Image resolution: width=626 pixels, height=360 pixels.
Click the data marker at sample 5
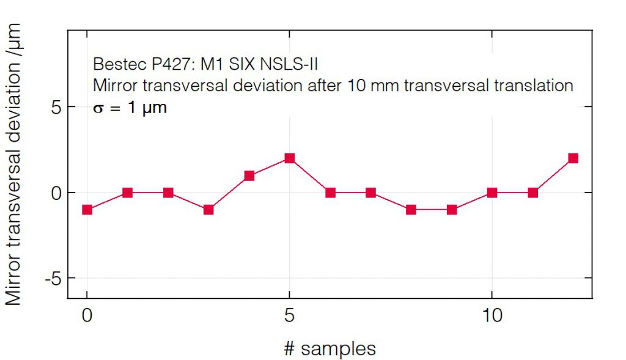(x=289, y=158)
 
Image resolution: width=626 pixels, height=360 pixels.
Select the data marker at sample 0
(x=87, y=210)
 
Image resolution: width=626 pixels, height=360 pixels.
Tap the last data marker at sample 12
(x=573, y=158)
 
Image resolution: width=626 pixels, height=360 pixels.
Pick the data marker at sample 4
(x=249, y=176)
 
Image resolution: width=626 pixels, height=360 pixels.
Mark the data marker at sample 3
(x=208, y=210)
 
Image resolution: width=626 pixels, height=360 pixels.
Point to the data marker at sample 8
(x=411, y=210)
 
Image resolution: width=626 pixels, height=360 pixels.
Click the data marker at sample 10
(x=492, y=193)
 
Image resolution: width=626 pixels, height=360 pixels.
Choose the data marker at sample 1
(x=127, y=193)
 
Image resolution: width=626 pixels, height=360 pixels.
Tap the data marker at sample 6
(x=330, y=193)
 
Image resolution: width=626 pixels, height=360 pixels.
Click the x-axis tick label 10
(x=492, y=316)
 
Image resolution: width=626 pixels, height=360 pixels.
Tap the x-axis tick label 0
(x=87, y=316)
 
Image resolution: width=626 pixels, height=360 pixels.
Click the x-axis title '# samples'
(x=330, y=348)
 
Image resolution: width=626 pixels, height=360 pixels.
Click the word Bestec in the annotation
(x=112, y=64)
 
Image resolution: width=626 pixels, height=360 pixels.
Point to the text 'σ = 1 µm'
(x=130, y=108)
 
